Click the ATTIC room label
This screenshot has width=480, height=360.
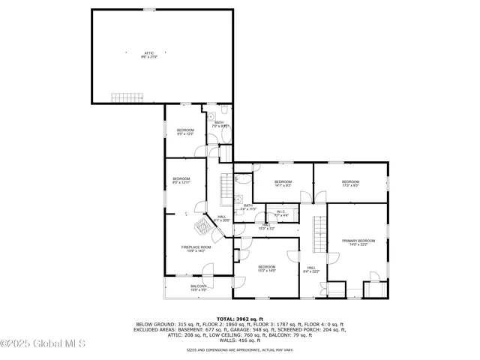pos(149,54)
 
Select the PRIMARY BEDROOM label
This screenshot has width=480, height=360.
pos(358,242)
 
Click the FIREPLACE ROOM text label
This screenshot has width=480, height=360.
pos(193,248)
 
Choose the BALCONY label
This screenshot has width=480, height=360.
pos(198,287)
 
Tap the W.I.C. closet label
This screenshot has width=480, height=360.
pos(280,213)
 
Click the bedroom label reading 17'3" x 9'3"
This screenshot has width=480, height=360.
pos(350,183)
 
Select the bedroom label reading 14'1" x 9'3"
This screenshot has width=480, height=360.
pos(282,183)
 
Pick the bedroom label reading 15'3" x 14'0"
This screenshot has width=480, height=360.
pos(267,268)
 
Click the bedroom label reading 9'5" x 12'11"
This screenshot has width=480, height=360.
pos(181,180)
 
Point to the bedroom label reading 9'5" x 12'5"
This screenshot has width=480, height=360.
pos(185,133)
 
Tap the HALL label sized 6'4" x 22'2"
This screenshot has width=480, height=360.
pos(311,269)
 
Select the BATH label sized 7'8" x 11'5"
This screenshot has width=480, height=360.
pos(247,206)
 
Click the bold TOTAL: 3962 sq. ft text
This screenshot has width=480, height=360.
pos(240,319)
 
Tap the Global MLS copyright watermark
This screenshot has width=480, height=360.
pos(43,344)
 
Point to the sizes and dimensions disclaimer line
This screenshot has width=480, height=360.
pos(240,349)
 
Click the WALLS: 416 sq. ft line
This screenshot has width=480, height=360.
pos(240,340)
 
